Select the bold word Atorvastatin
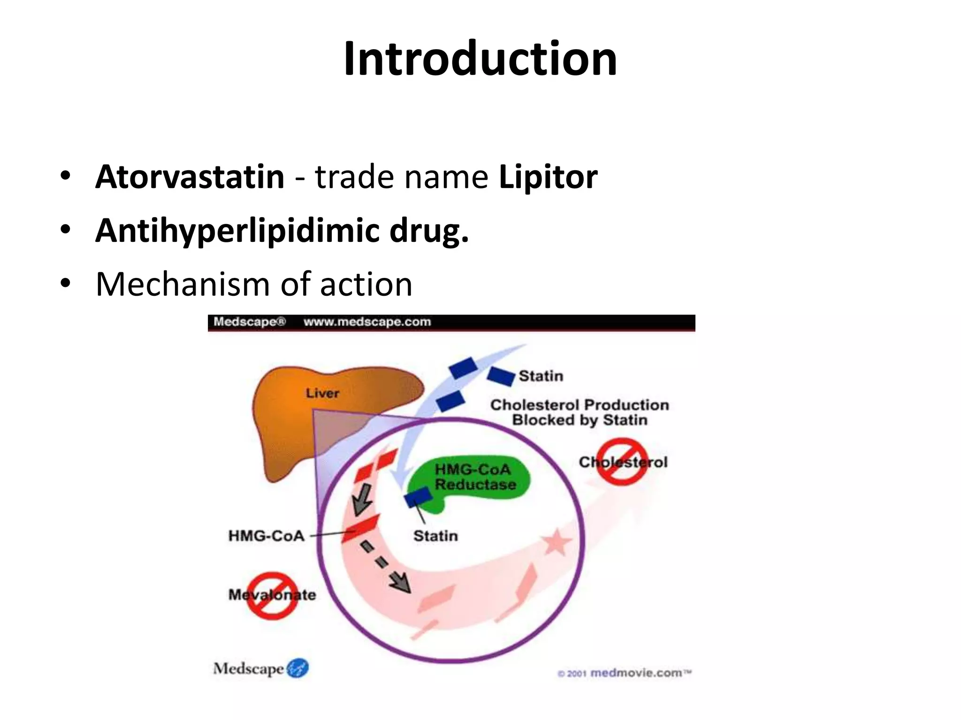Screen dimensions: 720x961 (190, 177)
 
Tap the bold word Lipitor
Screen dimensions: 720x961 (548, 177)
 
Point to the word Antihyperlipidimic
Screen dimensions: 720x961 (237, 231)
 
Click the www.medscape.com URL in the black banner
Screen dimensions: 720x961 (367, 322)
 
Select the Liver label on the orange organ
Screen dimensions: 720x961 (322, 393)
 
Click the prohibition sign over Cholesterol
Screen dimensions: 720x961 (622, 462)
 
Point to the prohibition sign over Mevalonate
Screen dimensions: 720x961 (272, 595)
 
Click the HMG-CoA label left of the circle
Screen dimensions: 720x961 (266, 535)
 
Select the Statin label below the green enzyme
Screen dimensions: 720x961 (435, 535)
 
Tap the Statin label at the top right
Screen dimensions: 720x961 (541, 376)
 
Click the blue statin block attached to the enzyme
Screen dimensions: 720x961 (418, 497)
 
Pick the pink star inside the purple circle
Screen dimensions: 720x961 (557, 543)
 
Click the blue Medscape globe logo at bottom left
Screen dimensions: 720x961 (297, 668)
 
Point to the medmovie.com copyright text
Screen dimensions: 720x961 (625, 673)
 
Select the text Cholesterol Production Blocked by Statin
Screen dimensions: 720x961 (580, 412)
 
